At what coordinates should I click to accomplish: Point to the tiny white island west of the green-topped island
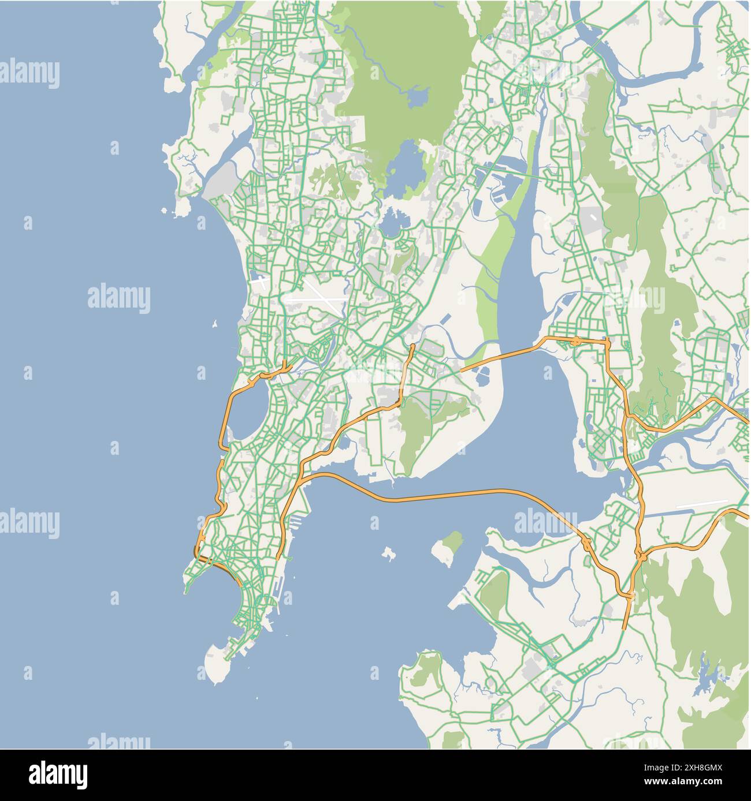pyautogui.click(x=388, y=554)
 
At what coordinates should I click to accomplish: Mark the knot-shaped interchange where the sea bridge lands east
pyautogui.click(x=585, y=544)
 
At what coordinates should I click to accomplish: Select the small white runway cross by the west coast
pyautogui.click(x=261, y=283)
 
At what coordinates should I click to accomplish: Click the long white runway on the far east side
pyautogui.click(x=701, y=504)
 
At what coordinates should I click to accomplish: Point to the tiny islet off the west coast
pyautogui.click(x=215, y=324)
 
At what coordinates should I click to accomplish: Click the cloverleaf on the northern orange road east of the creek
pyautogui.click(x=576, y=341)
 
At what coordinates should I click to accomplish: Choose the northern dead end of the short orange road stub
pyautogui.click(x=412, y=346)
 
